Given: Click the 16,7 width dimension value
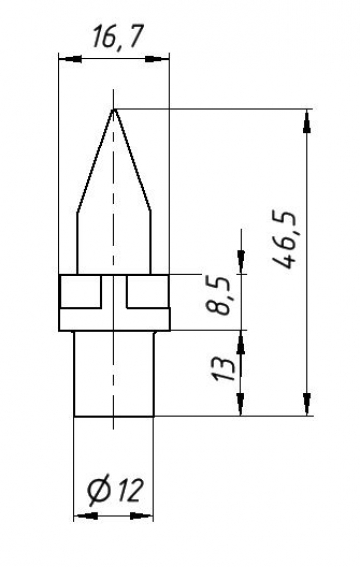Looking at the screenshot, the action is tap(118, 37).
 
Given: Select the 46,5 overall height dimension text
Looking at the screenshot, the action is tap(287, 240).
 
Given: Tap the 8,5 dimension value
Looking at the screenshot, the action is tap(218, 295).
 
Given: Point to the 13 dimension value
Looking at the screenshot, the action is tap(223, 370).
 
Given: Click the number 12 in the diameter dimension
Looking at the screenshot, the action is tap(129, 491).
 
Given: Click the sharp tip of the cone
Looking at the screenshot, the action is tap(114, 109).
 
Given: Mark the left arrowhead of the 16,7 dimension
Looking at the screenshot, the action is tap(70, 59).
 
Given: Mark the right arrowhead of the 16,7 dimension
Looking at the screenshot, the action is tap(157, 59).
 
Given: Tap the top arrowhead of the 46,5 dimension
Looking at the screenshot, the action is tap(307, 122).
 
